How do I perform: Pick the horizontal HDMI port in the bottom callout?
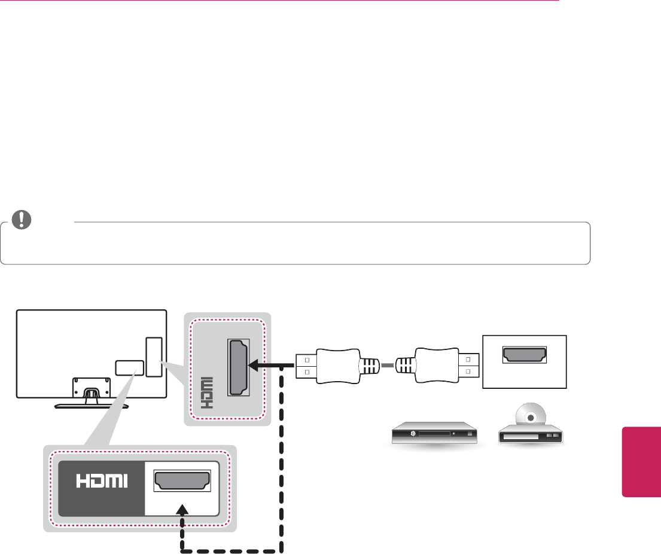pyautogui.click(x=182, y=481)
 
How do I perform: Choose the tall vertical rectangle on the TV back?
pyautogui.click(x=154, y=357)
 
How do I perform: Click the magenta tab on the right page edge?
pyautogui.click(x=641, y=461)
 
